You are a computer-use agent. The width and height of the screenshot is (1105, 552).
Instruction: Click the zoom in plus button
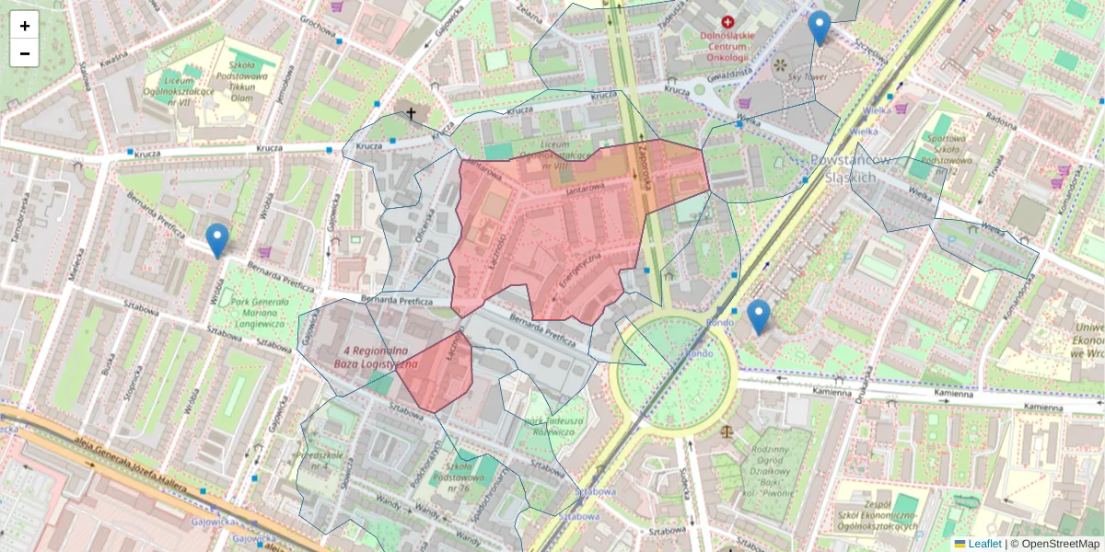point(25,26)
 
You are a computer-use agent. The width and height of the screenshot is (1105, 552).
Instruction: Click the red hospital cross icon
point(728,21)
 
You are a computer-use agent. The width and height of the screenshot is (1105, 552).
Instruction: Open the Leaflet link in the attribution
point(984,544)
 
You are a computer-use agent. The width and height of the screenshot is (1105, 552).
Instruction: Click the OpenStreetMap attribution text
point(1059,544)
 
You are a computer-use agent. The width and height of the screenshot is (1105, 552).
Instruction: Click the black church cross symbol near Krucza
point(411,113)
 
